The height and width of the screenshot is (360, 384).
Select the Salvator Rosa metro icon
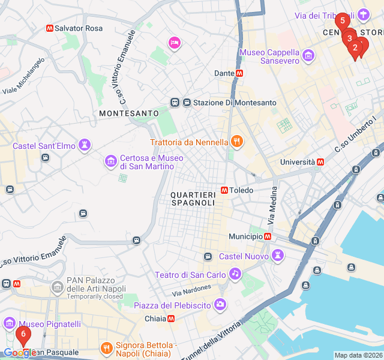click(49, 28)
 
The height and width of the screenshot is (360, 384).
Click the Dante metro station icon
click(239, 73)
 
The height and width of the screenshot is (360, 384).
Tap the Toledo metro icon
click(224, 190)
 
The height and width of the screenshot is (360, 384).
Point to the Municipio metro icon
click(268, 236)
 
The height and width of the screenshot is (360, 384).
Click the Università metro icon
click(320, 162)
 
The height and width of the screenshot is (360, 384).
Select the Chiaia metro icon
click(172, 319)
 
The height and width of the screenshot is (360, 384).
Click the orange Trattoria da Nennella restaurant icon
click(237, 142)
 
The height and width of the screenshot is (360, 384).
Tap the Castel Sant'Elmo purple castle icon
click(86, 145)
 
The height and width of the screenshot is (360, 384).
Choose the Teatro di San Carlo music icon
click(235, 275)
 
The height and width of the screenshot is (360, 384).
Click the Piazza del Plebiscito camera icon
click(220, 305)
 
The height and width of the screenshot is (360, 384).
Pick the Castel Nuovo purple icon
click(278, 256)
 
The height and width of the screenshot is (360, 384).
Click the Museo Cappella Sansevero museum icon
click(308, 56)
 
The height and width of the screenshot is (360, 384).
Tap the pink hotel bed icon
click(175, 42)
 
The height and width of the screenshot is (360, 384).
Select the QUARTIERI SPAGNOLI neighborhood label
click(193, 199)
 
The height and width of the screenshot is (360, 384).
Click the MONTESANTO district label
click(129, 113)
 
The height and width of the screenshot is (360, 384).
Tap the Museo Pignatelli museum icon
click(10, 324)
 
